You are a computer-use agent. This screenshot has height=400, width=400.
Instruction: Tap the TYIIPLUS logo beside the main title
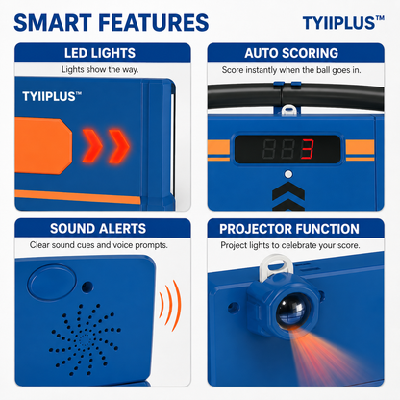pos(343,23)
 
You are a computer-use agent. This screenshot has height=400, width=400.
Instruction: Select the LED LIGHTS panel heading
pos(100,53)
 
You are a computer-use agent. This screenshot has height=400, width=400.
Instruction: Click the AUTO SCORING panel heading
pos(291,53)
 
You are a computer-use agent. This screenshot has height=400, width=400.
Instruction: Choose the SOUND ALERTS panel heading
pos(98,229)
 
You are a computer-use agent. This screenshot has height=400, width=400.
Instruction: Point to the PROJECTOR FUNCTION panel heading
pos(289,229)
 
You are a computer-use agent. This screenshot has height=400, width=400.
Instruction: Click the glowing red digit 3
pos(307,149)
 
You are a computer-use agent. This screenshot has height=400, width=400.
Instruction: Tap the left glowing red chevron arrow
pos(92,146)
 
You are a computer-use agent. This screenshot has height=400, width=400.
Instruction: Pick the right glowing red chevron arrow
pos(119,146)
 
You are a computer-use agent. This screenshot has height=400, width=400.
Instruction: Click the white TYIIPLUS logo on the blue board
pos(52,96)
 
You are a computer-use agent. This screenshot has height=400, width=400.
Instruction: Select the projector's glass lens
pos(291,311)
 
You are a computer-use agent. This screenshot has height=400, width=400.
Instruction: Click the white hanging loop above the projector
pos(275,264)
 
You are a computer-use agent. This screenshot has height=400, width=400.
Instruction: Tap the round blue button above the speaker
pos(52,282)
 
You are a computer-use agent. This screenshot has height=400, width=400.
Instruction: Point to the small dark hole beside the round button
pos(87,287)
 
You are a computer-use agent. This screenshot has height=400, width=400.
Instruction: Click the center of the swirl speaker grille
pos(85,340)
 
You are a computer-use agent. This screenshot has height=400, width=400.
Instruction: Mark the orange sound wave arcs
pos(170,305)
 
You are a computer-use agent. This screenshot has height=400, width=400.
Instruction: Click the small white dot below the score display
pos(288,174)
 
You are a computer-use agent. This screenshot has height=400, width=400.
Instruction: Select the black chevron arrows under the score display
pos(288,196)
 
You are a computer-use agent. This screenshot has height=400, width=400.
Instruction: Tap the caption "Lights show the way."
pos(100,69)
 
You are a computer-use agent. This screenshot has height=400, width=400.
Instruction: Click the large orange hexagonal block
pos(43,146)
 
